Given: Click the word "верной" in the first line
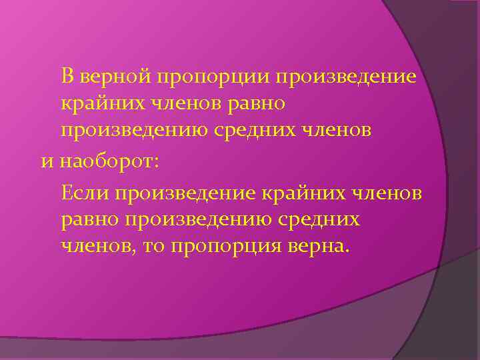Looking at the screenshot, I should coord(115,76).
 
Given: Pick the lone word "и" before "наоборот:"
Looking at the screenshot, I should coord(45,161).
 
